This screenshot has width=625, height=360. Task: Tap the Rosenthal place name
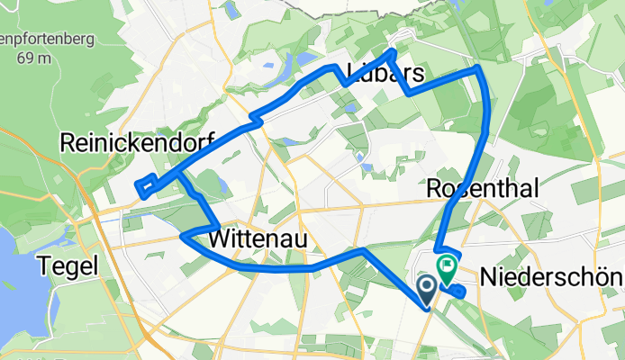483,188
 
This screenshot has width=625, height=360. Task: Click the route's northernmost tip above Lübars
392,48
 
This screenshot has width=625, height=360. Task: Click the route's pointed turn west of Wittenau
184,236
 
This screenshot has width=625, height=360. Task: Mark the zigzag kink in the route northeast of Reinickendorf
256,117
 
